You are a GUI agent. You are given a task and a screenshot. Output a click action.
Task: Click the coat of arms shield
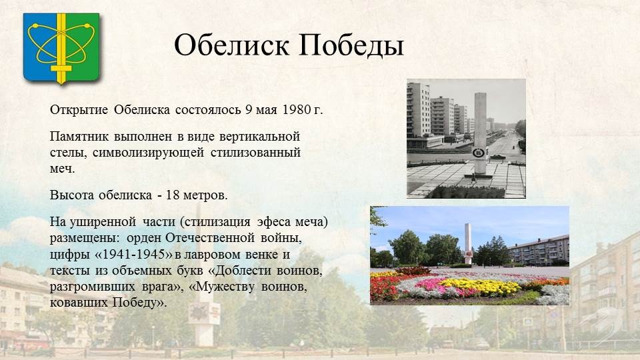61,48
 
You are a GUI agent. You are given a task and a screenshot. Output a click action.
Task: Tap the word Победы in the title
351,45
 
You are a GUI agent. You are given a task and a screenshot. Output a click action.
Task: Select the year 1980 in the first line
296,110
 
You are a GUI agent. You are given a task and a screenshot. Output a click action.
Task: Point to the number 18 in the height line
173,195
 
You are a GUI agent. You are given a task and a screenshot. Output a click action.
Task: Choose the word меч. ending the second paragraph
63,169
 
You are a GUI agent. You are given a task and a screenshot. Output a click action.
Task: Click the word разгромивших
92,287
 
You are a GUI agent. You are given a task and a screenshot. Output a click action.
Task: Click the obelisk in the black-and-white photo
481,134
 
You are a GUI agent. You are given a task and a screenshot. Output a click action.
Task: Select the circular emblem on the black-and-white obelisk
478,153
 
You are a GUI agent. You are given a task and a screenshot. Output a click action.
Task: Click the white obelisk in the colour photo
468,244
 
